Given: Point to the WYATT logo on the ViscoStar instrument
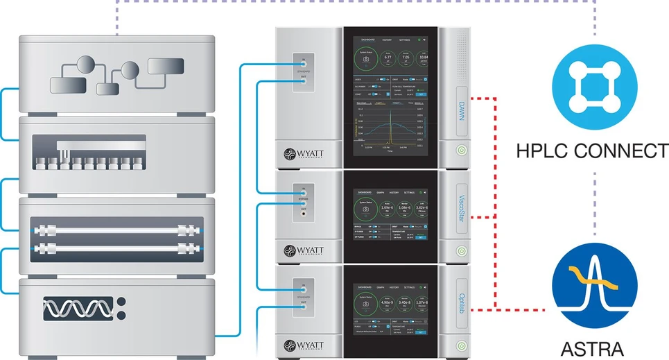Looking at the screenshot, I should point(304,248).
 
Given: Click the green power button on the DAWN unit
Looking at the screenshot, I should point(460,149).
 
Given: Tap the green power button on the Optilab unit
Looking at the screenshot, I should point(460,345).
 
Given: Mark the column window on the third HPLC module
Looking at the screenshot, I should point(114,238).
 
